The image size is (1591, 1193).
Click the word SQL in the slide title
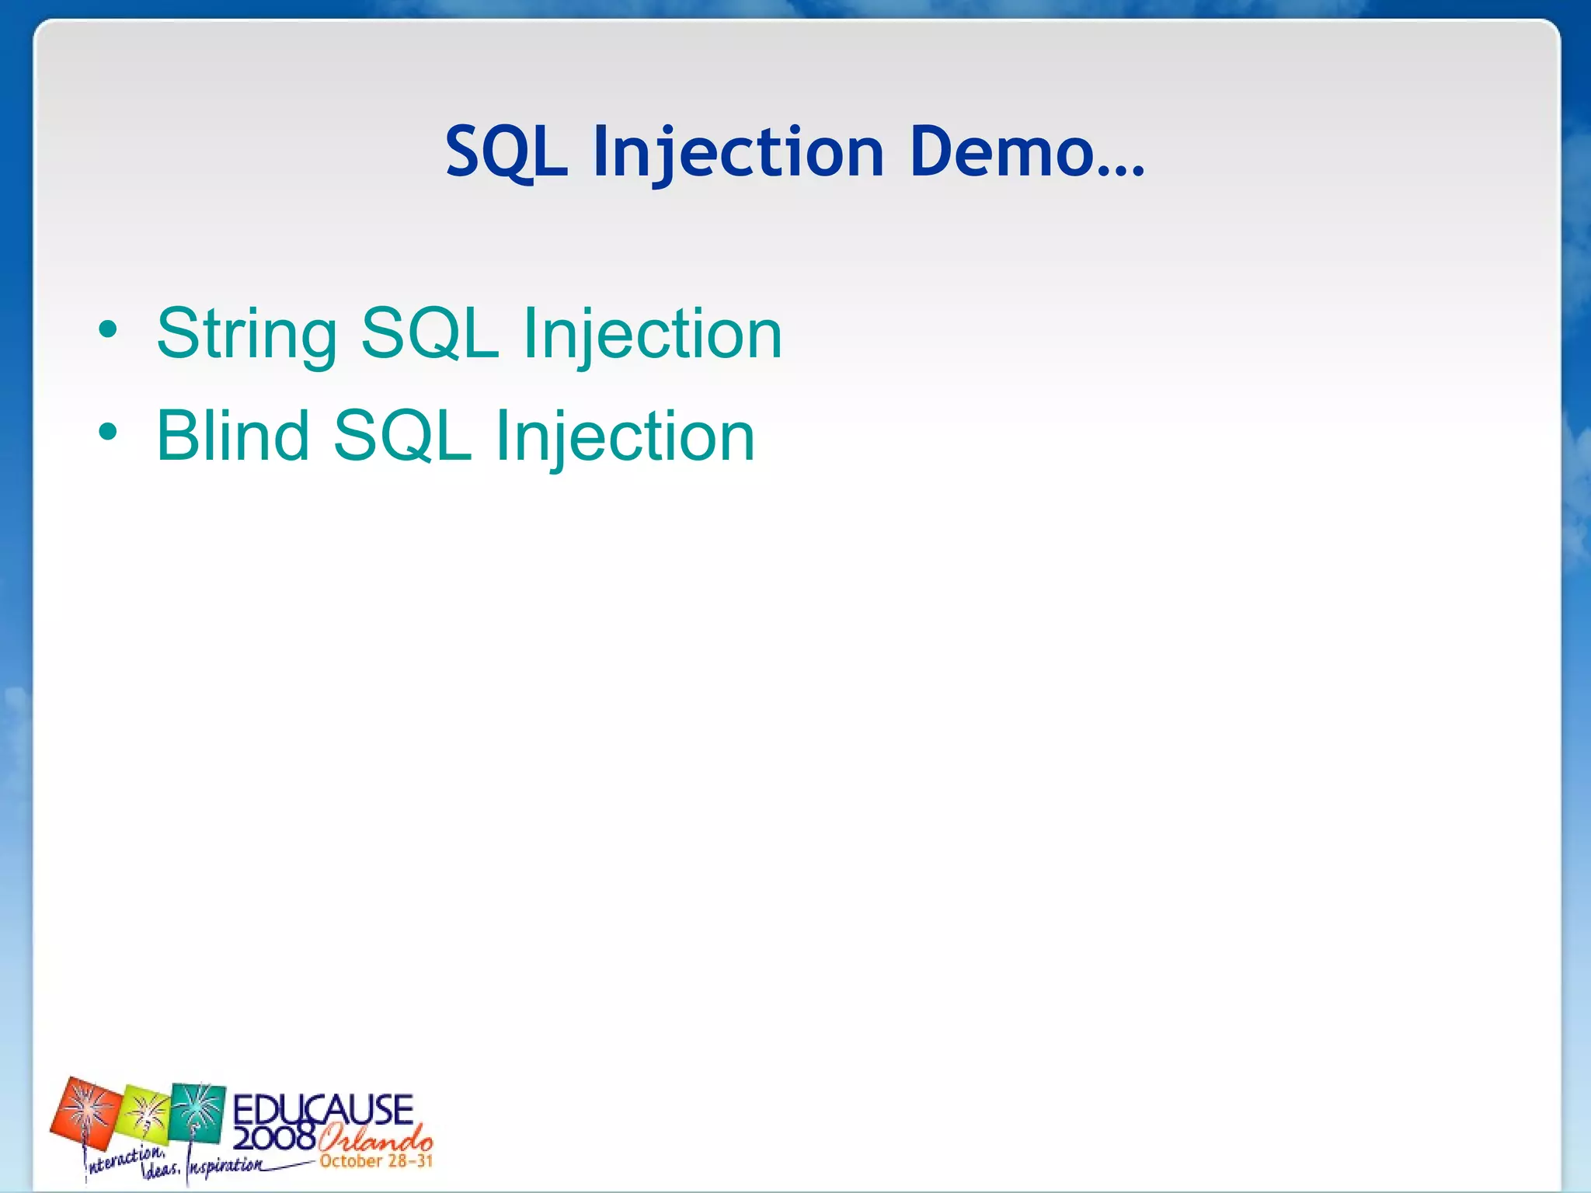(506, 151)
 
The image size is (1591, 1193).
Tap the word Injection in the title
(738, 151)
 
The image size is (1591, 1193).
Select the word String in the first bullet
(246, 334)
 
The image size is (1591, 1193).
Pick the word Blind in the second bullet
(232, 436)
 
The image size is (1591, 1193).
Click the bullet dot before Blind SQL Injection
(108, 433)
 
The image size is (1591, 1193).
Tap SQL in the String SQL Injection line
(430, 334)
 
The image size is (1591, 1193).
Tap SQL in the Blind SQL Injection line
(402, 436)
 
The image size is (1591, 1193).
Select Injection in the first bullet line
(652, 334)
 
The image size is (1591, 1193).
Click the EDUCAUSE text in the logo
(322, 1109)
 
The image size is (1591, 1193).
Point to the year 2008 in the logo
(273, 1139)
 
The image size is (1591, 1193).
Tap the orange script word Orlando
(375, 1140)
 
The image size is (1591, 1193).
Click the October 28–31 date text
(376, 1162)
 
